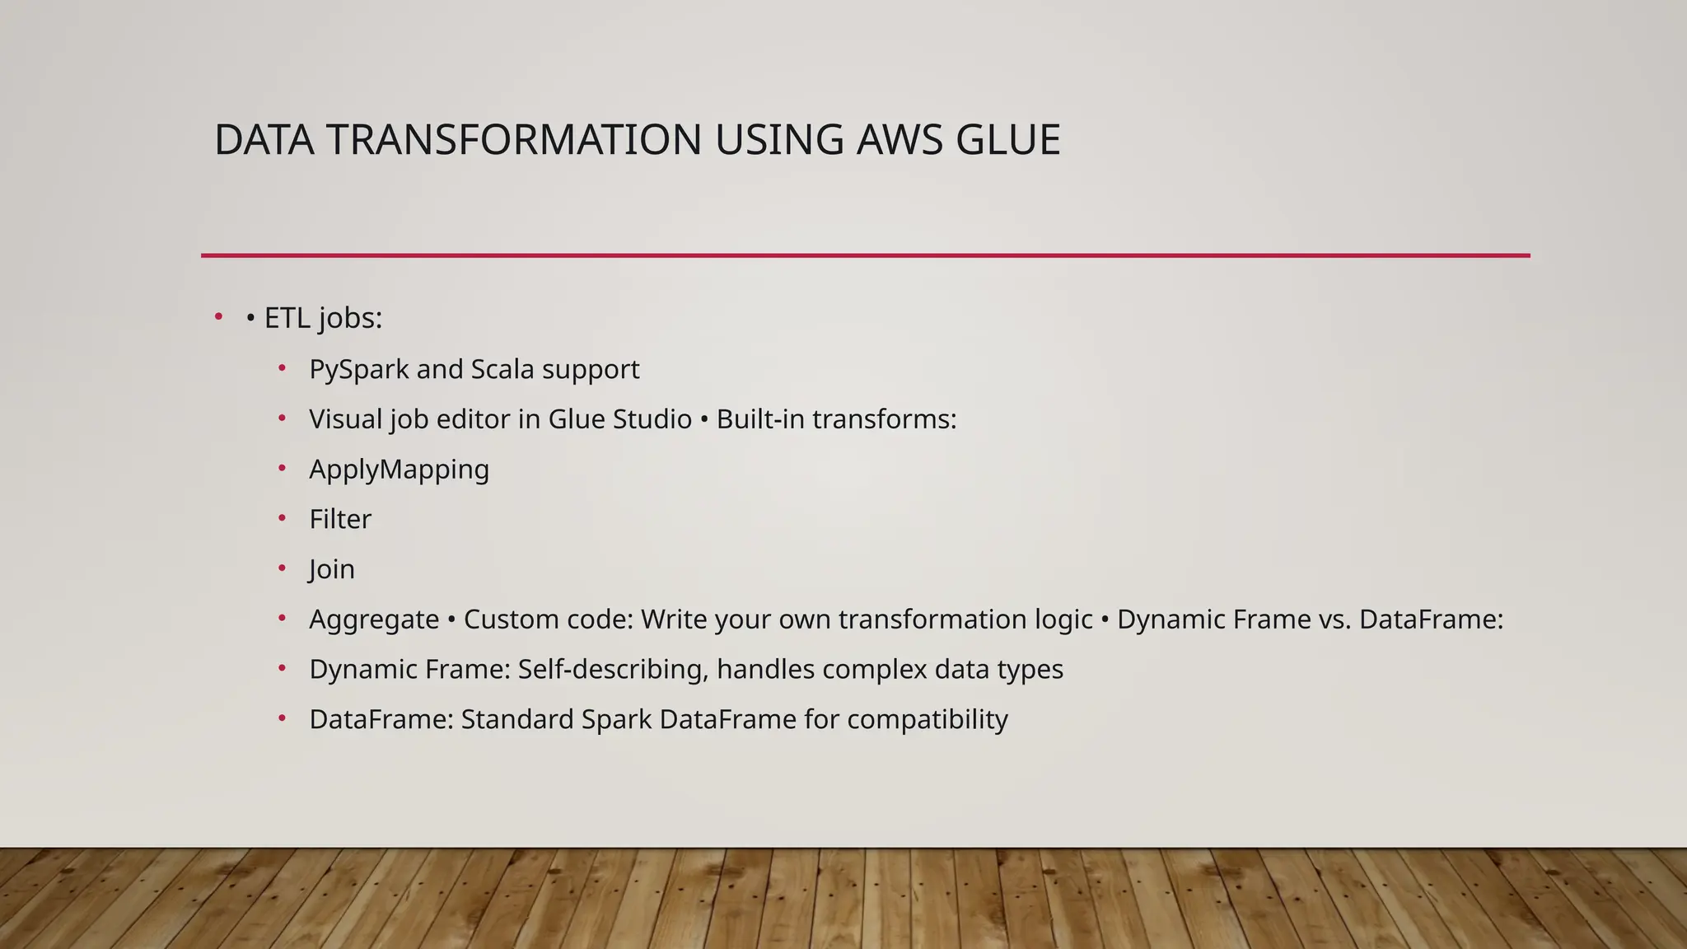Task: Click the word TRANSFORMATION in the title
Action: point(514,140)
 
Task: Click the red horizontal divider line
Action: point(865,255)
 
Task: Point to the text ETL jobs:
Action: point(323,318)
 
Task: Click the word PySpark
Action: point(358,370)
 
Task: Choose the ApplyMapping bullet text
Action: point(399,470)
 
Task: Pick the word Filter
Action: point(340,520)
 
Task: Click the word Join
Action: point(332,570)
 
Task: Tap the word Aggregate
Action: point(374,620)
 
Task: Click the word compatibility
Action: point(928,720)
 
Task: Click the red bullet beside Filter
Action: point(282,518)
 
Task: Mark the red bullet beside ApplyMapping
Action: point(282,468)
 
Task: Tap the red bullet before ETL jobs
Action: point(218,316)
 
